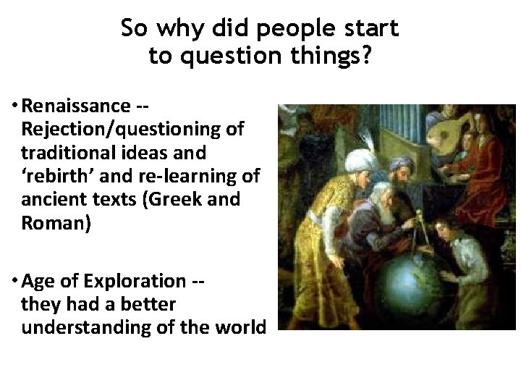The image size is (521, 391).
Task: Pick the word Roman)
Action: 56,223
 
